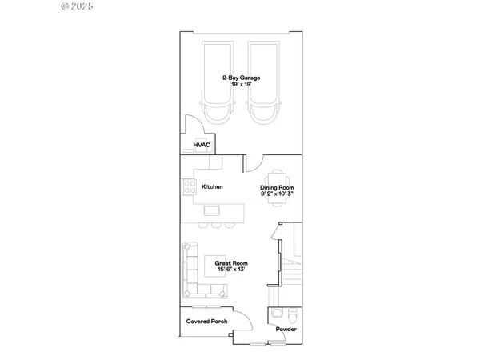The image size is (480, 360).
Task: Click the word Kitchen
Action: tap(212, 186)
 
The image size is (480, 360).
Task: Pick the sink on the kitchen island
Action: tap(213, 211)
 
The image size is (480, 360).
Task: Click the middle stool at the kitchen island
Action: tap(215, 226)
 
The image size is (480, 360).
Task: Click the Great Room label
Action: tap(231, 263)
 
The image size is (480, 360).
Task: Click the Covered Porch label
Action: tap(206, 321)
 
